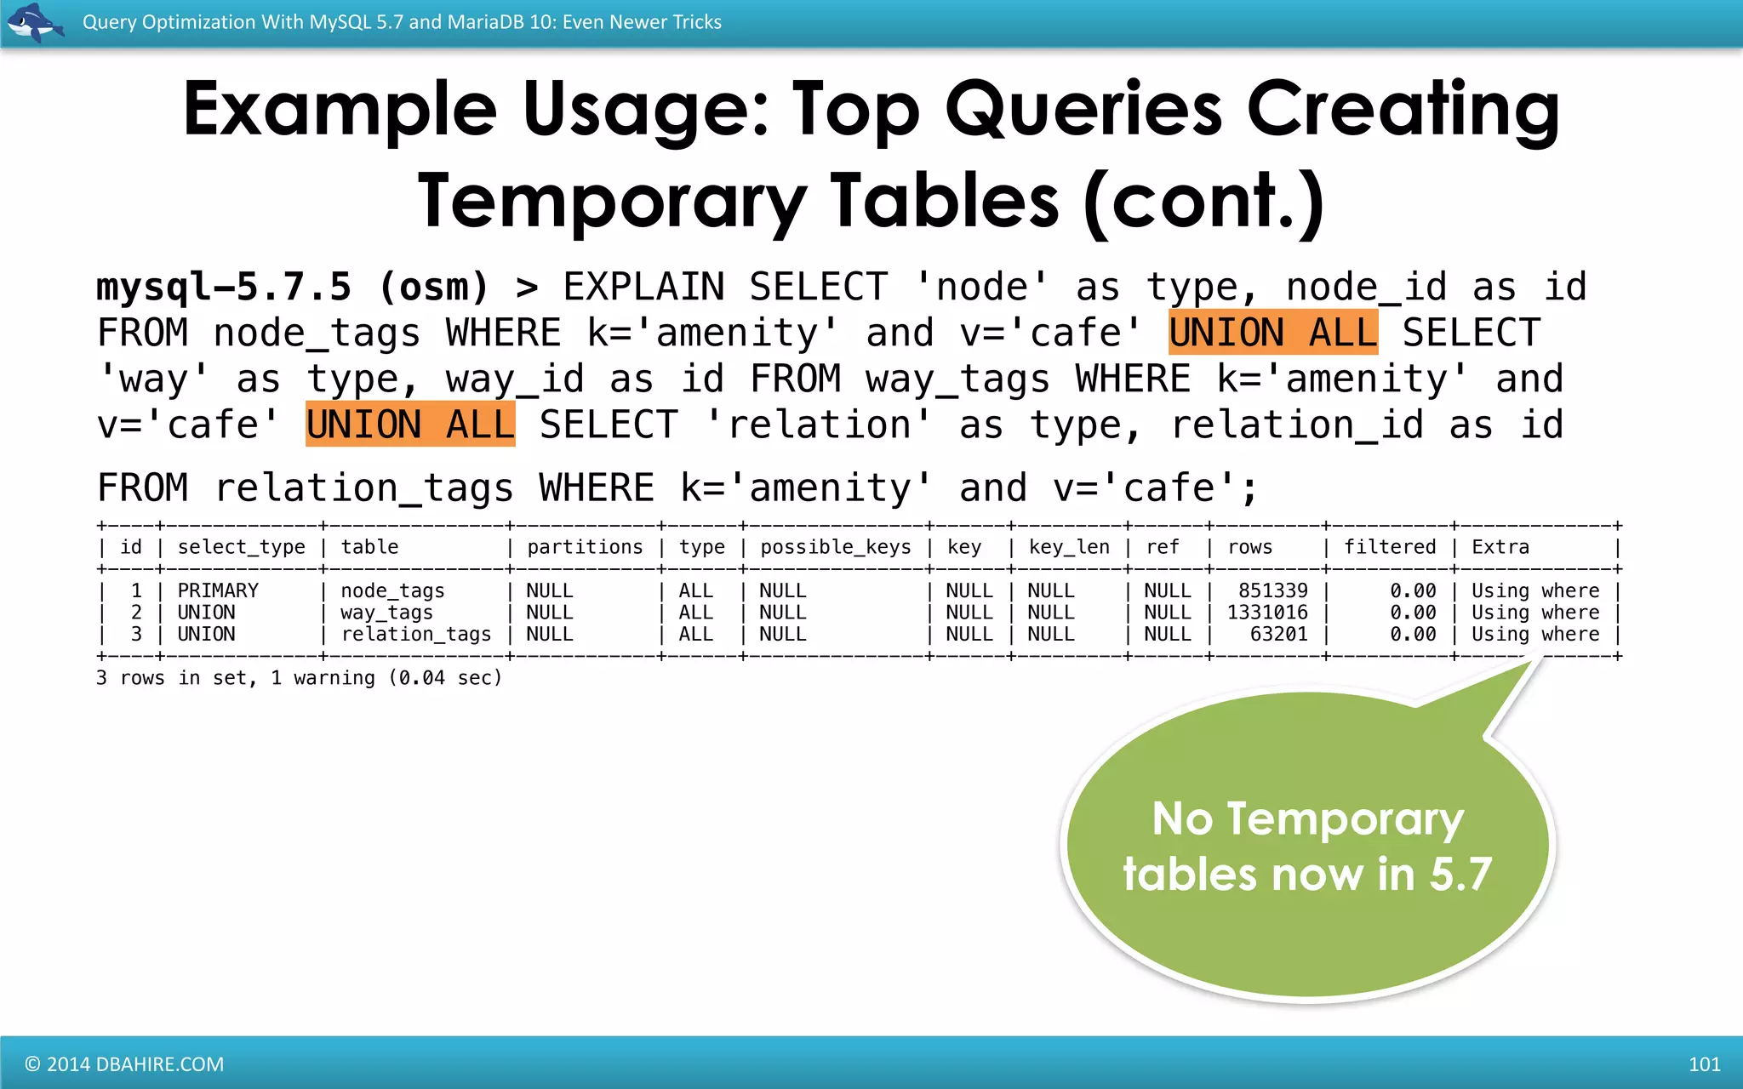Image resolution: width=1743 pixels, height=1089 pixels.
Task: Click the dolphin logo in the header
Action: point(34,22)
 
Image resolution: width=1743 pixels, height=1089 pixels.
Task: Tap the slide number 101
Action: point(1704,1063)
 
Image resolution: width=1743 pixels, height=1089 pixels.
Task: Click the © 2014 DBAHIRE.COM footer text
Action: point(124,1063)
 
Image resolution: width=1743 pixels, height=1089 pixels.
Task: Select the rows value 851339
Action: point(1272,590)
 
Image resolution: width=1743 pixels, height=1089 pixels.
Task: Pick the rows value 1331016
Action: point(1267,613)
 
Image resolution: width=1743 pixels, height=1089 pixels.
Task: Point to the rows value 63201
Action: point(1278,634)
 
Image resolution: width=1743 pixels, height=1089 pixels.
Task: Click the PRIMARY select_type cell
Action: point(218,590)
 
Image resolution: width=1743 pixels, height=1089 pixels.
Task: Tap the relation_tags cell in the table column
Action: point(416,634)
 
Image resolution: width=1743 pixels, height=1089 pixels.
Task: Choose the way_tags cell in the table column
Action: point(386,613)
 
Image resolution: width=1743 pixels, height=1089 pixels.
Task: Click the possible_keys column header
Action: point(835,547)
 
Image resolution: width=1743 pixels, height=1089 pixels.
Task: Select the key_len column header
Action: point(1069,547)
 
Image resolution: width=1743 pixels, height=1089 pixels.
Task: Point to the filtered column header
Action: point(1389,547)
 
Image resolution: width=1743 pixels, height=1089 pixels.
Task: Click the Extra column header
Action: point(1500,547)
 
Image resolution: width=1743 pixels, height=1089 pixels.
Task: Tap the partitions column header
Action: point(585,547)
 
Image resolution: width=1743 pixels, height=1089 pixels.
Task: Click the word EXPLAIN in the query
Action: point(643,287)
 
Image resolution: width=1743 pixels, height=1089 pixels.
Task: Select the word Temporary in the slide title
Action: point(611,201)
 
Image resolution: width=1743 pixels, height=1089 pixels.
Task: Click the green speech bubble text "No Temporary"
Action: point(1307,818)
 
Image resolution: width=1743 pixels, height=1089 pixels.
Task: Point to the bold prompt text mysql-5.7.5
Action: point(223,287)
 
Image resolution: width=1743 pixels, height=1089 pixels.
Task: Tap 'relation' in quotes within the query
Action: point(819,425)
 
